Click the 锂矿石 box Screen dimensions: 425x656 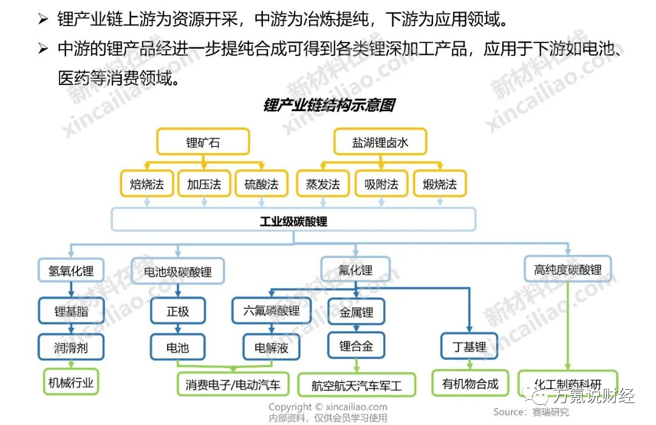(203, 143)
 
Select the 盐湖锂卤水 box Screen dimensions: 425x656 (380, 143)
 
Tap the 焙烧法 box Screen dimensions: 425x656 (147, 184)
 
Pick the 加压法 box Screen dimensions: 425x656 (203, 184)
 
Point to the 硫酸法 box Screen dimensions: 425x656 (261, 184)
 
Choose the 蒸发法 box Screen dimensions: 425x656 (323, 184)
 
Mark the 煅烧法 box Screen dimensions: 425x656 (440, 184)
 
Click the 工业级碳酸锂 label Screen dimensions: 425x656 (293, 222)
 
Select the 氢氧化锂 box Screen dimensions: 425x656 (71, 270)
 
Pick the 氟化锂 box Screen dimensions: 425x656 (355, 270)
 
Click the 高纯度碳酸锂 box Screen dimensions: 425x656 (568, 270)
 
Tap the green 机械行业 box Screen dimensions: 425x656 (71, 382)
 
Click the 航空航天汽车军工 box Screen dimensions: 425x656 (357, 385)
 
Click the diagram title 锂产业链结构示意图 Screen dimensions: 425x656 (329, 105)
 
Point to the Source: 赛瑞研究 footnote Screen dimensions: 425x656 (531, 412)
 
